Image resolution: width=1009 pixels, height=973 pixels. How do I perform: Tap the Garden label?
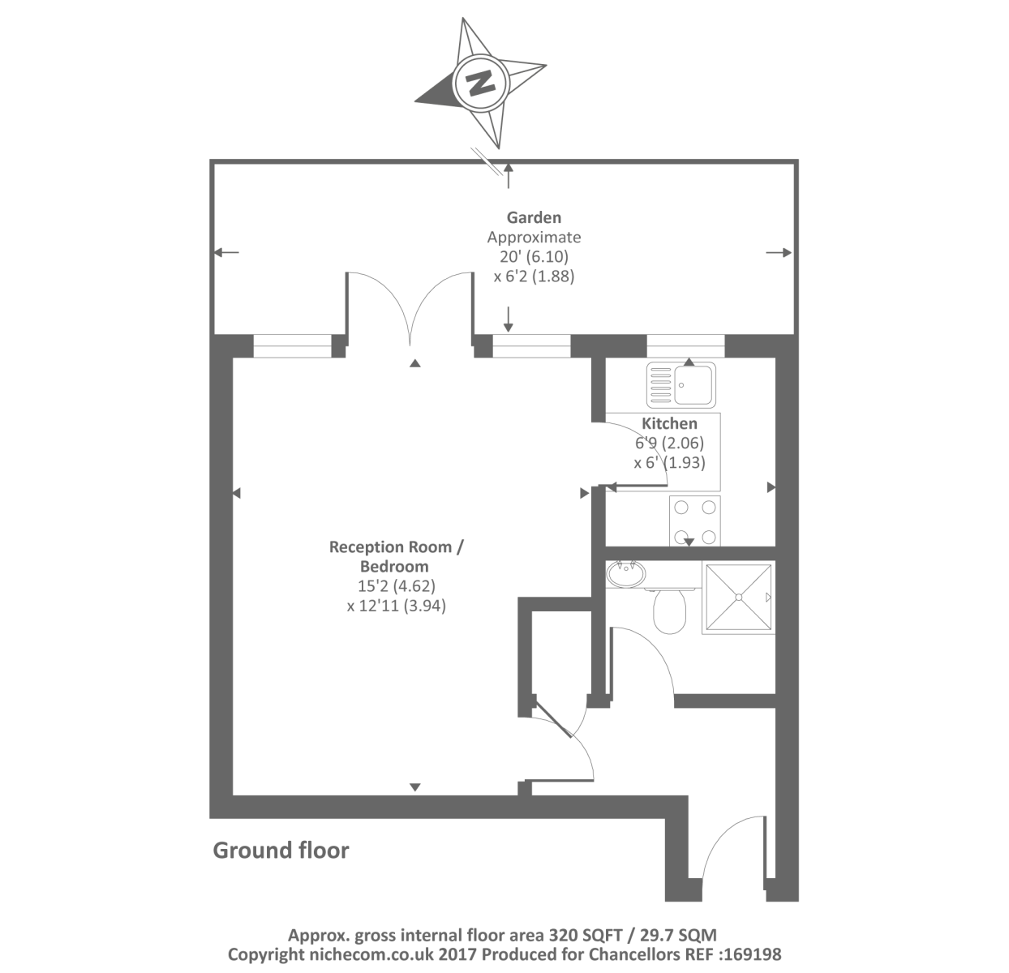[534, 217]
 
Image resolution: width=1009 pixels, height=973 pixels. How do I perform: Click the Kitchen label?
[669, 423]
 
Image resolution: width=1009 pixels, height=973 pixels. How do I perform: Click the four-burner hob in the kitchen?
[694, 521]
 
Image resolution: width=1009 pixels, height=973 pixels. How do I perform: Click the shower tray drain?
[738, 598]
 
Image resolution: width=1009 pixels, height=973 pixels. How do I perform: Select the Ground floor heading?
[281, 850]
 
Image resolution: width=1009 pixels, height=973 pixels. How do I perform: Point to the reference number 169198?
[754, 954]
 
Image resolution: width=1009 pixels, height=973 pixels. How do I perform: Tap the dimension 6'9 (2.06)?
[669, 443]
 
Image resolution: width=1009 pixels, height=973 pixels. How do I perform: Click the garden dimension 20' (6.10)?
[534, 256]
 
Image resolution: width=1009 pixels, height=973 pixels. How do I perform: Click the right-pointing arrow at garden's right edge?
[779, 253]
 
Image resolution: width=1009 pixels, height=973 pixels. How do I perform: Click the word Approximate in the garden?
[534, 238]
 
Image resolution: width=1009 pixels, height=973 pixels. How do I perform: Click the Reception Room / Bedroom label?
[396, 556]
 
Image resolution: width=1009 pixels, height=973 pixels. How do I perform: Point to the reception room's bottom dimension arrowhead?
[415, 787]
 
